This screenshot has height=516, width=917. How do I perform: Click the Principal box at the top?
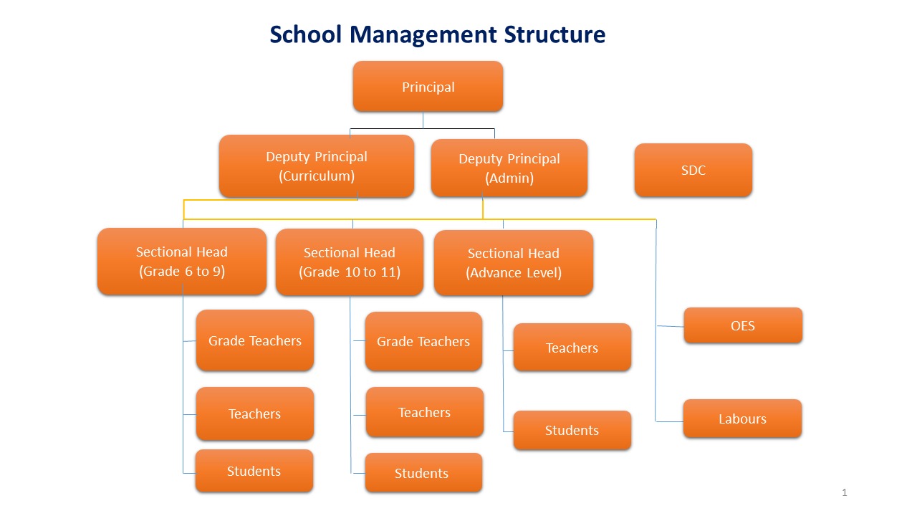[428, 87]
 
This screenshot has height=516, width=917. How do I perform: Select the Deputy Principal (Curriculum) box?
[317, 166]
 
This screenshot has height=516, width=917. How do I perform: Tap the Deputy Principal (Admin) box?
[509, 168]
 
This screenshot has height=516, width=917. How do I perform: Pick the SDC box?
[693, 170]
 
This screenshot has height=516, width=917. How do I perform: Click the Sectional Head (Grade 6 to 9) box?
[182, 262]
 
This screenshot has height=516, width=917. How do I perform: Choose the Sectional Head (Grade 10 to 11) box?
[350, 262]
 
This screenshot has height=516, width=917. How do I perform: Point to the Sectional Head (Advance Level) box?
[514, 262]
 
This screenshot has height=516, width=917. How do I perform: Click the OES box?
[743, 325]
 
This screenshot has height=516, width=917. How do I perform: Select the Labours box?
[743, 419]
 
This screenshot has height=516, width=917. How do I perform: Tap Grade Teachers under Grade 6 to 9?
[255, 340]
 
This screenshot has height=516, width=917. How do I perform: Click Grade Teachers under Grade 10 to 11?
[423, 341]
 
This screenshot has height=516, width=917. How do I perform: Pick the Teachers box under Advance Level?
[572, 348]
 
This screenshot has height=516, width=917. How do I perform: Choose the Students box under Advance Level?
[572, 430]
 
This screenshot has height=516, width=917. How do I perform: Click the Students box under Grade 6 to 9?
[254, 471]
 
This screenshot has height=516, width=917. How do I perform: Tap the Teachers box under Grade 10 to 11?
[425, 412]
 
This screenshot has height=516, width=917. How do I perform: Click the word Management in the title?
[423, 35]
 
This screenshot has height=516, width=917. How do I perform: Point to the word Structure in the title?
[554, 34]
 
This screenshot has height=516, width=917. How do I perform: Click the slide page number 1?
[845, 492]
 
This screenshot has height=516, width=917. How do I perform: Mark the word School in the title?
[306, 34]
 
